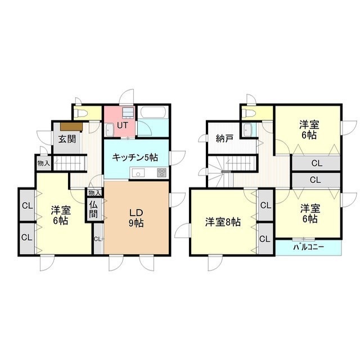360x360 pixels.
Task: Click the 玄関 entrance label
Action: (67, 139)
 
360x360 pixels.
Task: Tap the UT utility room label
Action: (123, 125)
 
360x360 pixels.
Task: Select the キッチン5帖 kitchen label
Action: (135, 157)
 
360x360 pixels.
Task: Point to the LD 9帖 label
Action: (136, 218)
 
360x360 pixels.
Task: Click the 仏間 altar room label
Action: (93, 209)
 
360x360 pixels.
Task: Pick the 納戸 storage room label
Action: (225, 139)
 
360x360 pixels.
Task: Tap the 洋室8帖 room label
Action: (223, 222)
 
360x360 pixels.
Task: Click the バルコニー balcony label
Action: (309, 247)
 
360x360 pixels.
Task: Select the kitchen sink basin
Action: (138, 173)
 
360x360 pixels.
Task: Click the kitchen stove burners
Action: (161, 173)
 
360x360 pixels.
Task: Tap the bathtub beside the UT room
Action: (152, 112)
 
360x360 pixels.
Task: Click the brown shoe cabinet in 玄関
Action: (71, 127)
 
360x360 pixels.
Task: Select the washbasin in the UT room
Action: (110, 130)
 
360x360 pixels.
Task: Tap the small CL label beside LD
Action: (97, 239)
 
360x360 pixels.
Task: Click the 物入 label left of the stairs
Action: (44, 163)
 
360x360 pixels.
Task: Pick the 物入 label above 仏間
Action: (94, 193)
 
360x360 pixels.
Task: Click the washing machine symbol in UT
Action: (128, 112)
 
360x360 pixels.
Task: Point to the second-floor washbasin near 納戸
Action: (247, 129)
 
